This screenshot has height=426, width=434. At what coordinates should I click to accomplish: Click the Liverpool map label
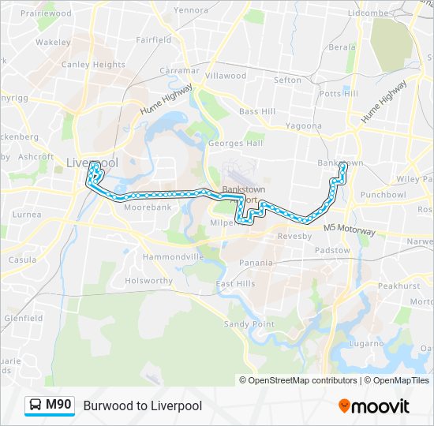pyautogui.click(x=92, y=163)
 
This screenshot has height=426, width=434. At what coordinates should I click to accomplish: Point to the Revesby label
pyautogui.click(x=295, y=236)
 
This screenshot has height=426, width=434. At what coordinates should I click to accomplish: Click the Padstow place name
pyautogui.click(x=332, y=251)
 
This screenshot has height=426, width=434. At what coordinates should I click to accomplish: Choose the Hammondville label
pyautogui.click(x=174, y=257)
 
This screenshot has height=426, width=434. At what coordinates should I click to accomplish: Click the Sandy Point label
pyautogui.click(x=249, y=324)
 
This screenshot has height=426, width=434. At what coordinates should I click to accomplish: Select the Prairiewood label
pyautogui.click(x=47, y=14)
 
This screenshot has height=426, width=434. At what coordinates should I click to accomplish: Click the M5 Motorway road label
pyautogui.click(x=350, y=229)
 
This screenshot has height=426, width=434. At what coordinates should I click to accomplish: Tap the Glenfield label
pyautogui.click(x=24, y=319)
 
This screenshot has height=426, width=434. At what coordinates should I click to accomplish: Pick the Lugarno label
pyautogui.click(x=368, y=343)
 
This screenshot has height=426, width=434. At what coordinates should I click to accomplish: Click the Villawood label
pyautogui.click(x=226, y=76)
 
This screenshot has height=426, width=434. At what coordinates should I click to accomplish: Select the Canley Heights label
pyautogui.click(x=88, y=65)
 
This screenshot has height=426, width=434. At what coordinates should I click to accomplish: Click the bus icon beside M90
pyautogui.click(x=36, y=405)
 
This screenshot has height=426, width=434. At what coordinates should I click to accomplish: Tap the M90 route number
pyautogui.click(x=58, y=405)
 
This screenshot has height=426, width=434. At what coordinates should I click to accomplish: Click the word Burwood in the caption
pyautogui.click(x=106, y=406)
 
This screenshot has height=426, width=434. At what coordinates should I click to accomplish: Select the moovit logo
pyautogui.click(x=374, y=405)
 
